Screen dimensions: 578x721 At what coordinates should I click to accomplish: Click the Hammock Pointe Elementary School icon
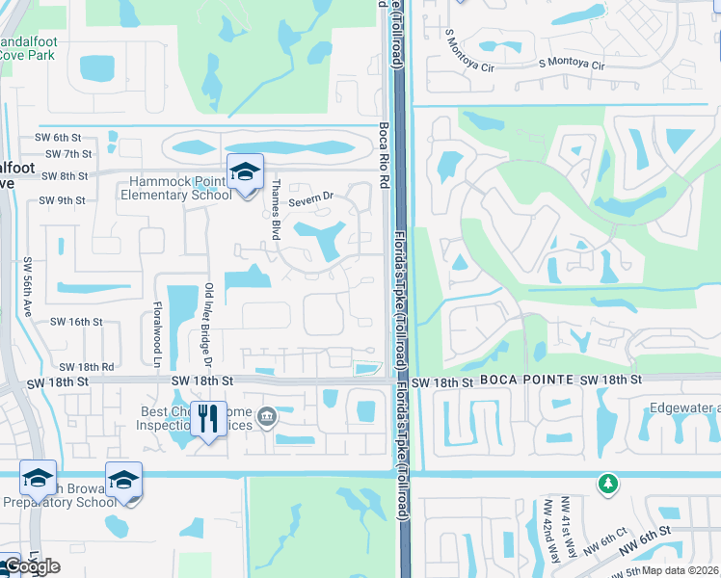(x=245, y=172)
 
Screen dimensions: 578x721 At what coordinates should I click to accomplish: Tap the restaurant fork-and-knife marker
(x=208, y=419)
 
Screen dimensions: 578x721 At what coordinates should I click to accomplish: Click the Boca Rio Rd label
(x=383, y=153)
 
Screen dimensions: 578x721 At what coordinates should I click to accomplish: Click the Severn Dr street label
(x=309, y=197)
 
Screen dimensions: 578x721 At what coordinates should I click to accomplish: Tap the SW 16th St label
(x=75, y=322)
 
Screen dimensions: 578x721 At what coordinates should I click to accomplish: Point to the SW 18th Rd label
(x=86, y=367)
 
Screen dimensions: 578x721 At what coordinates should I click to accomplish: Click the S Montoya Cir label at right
(x=572, y=66)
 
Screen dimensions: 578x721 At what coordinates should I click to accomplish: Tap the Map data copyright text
(x=681, y=570)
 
